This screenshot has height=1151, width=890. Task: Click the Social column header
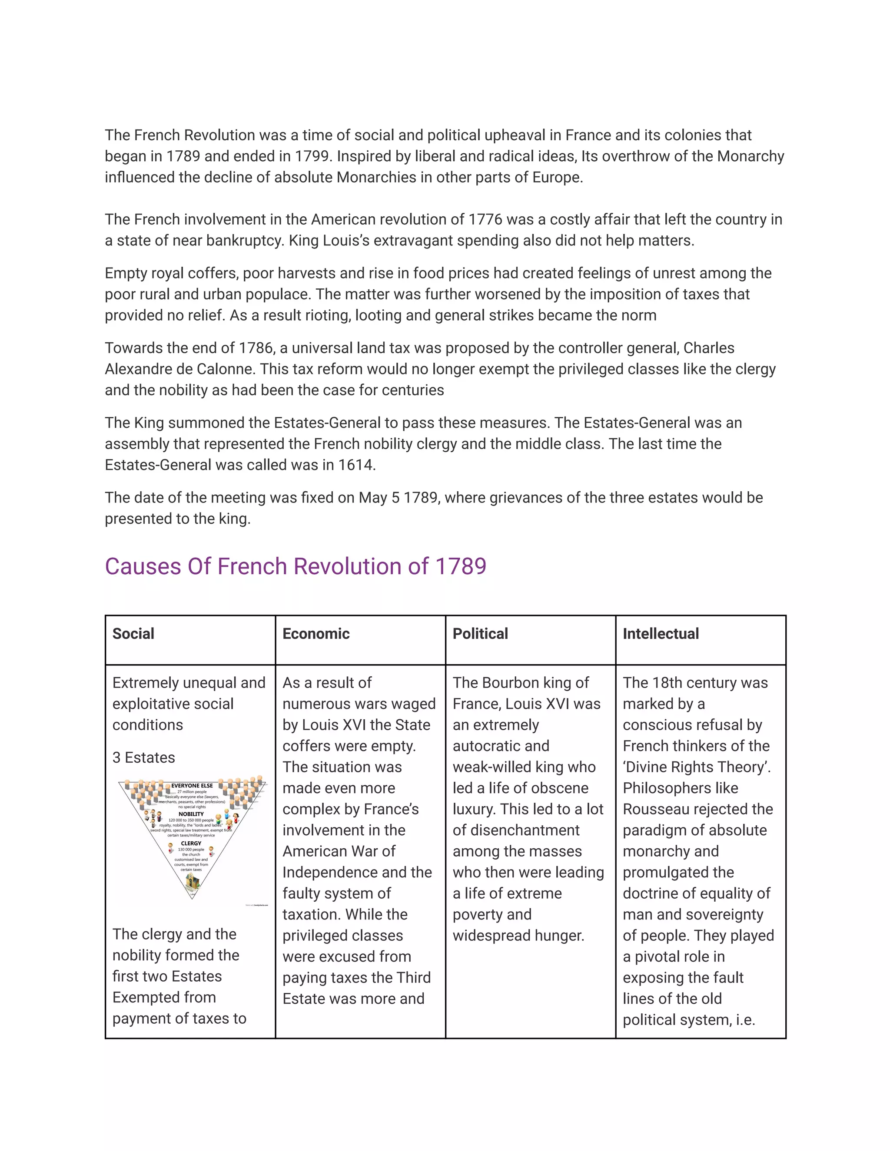click(x=133, y=633)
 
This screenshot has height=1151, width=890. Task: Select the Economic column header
click(x=316, y=633)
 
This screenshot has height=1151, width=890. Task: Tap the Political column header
click(x=480, y=633)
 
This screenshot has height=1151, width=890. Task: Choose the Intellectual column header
click(x=661, y=633)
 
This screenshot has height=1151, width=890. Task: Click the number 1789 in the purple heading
click(x=460, y=566)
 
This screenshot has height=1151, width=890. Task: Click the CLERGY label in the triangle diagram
click(x=191, y=843)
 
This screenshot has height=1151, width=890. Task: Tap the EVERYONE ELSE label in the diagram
click(x=192, y=786)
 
